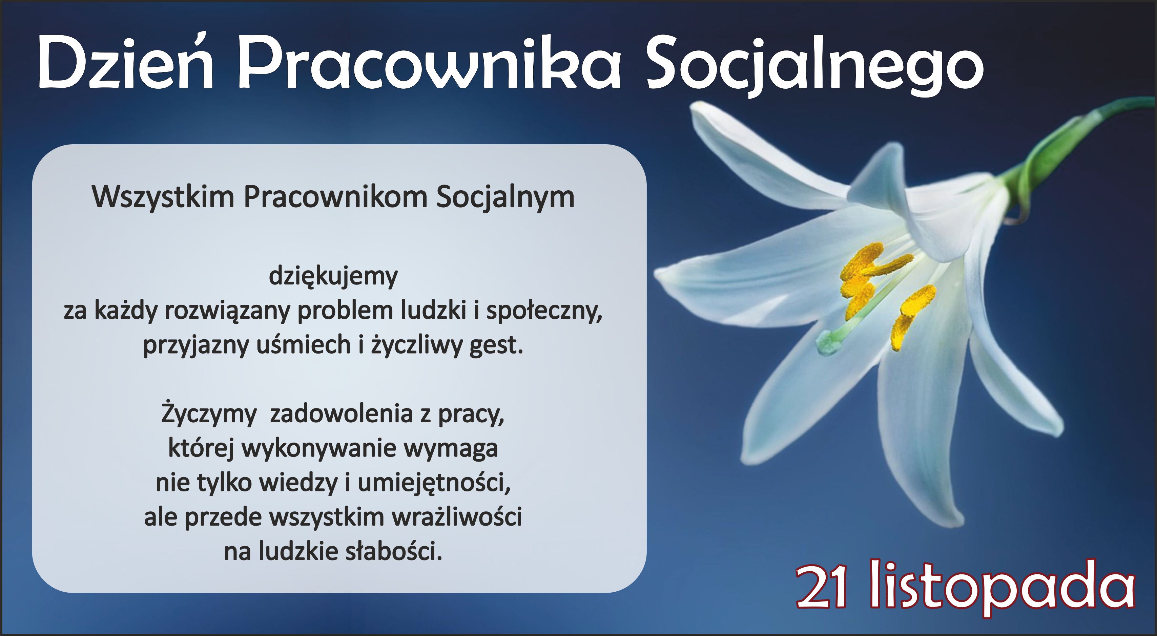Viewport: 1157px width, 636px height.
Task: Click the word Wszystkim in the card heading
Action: [x=163, y=197]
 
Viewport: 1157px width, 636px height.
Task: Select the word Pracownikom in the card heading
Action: [x=335, y=197]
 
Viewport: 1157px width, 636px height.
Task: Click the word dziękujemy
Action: [x=333, y=276]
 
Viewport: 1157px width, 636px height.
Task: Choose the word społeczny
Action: [x=544, y=311]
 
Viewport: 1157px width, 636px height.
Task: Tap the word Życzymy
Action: [x=208, y=414]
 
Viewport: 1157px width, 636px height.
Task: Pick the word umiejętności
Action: [x=434, y=483]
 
